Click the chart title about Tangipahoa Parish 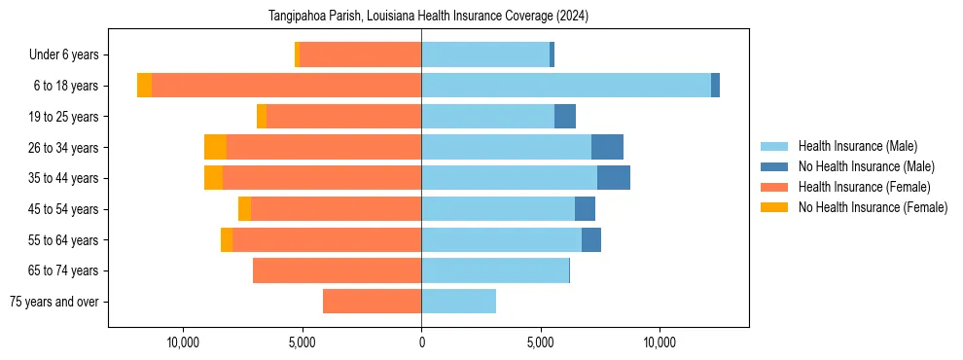[x=428, y=17]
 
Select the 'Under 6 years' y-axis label [x=70, y=55]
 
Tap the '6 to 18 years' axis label [x=66, y=86]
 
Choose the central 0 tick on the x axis [x=421, y=342]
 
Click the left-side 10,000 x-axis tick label [x=183, y=342]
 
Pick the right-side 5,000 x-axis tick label [x=541, y=342]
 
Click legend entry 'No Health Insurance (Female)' [x=873, y=207]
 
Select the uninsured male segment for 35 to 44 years [x=614, y=178]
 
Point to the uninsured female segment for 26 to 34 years [x=215, y=147]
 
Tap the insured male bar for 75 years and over [x=458, y=302]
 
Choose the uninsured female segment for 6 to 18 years [x=144, y=86]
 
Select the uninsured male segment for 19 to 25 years [x=565, y=117]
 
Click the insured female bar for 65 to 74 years [x=337, y=270]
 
